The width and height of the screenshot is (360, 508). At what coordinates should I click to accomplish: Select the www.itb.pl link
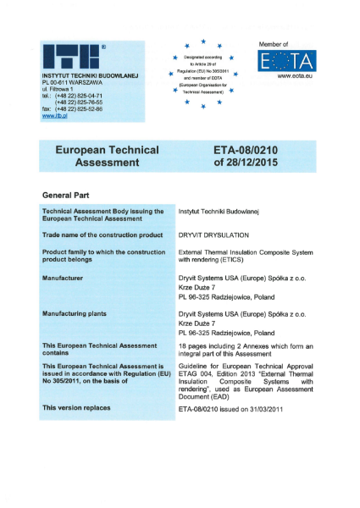tap(55, 117)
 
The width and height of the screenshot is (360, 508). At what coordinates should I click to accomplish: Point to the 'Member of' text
tap(274, 42)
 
